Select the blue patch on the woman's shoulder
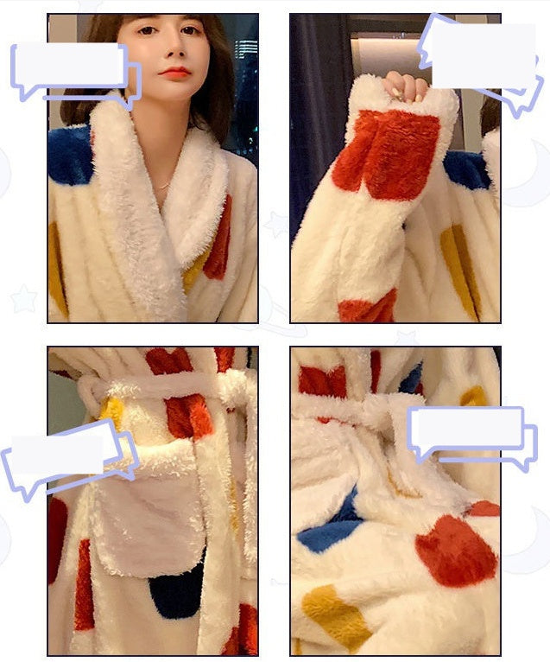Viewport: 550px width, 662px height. (x=69, y=156)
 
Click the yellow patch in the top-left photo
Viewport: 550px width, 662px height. (x=58, y=268)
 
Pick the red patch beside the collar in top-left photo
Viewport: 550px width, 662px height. (x=220, y=238)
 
